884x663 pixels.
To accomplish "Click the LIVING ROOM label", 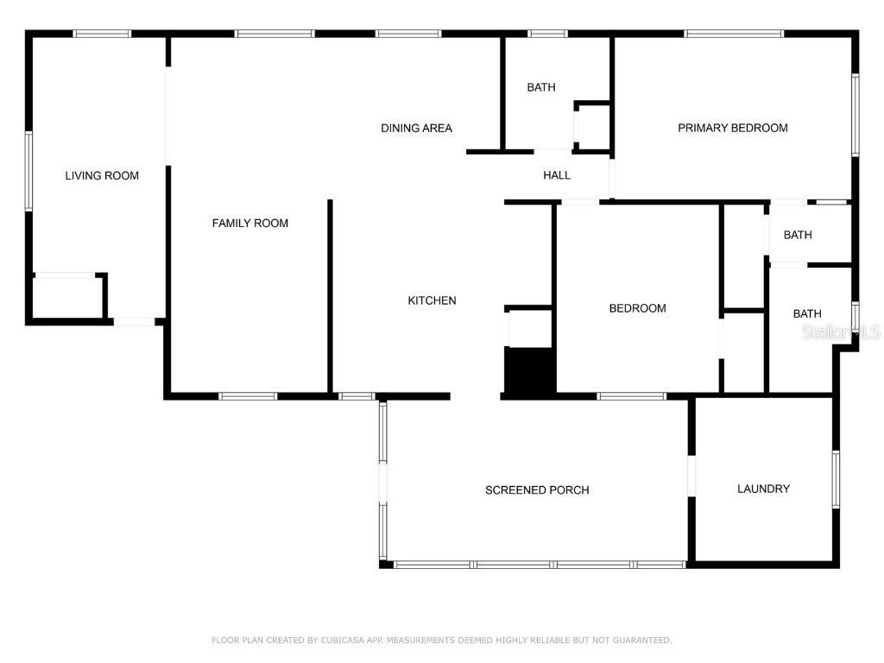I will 102,176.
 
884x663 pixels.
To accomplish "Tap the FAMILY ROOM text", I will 250,224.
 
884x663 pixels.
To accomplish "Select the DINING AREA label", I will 416,129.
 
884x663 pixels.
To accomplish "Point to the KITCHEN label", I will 432,301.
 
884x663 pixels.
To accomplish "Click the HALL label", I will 557,175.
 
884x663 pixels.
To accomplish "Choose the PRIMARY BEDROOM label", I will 732,129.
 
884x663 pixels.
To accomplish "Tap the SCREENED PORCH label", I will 537,490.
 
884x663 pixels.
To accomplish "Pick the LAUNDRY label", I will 763,489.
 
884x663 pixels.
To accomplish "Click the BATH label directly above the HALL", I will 541,87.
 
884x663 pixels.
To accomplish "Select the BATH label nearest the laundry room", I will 807,314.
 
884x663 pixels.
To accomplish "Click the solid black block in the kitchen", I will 528,372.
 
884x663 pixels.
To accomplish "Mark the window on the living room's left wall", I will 28,171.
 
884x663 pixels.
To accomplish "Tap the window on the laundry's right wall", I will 836,479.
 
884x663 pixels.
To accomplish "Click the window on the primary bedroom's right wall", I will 855,115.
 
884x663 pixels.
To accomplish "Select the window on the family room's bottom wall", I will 248,396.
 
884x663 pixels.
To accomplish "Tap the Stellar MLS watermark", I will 841,332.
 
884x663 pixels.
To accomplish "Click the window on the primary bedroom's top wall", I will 734,34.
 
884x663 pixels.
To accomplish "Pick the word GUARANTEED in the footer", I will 641,641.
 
